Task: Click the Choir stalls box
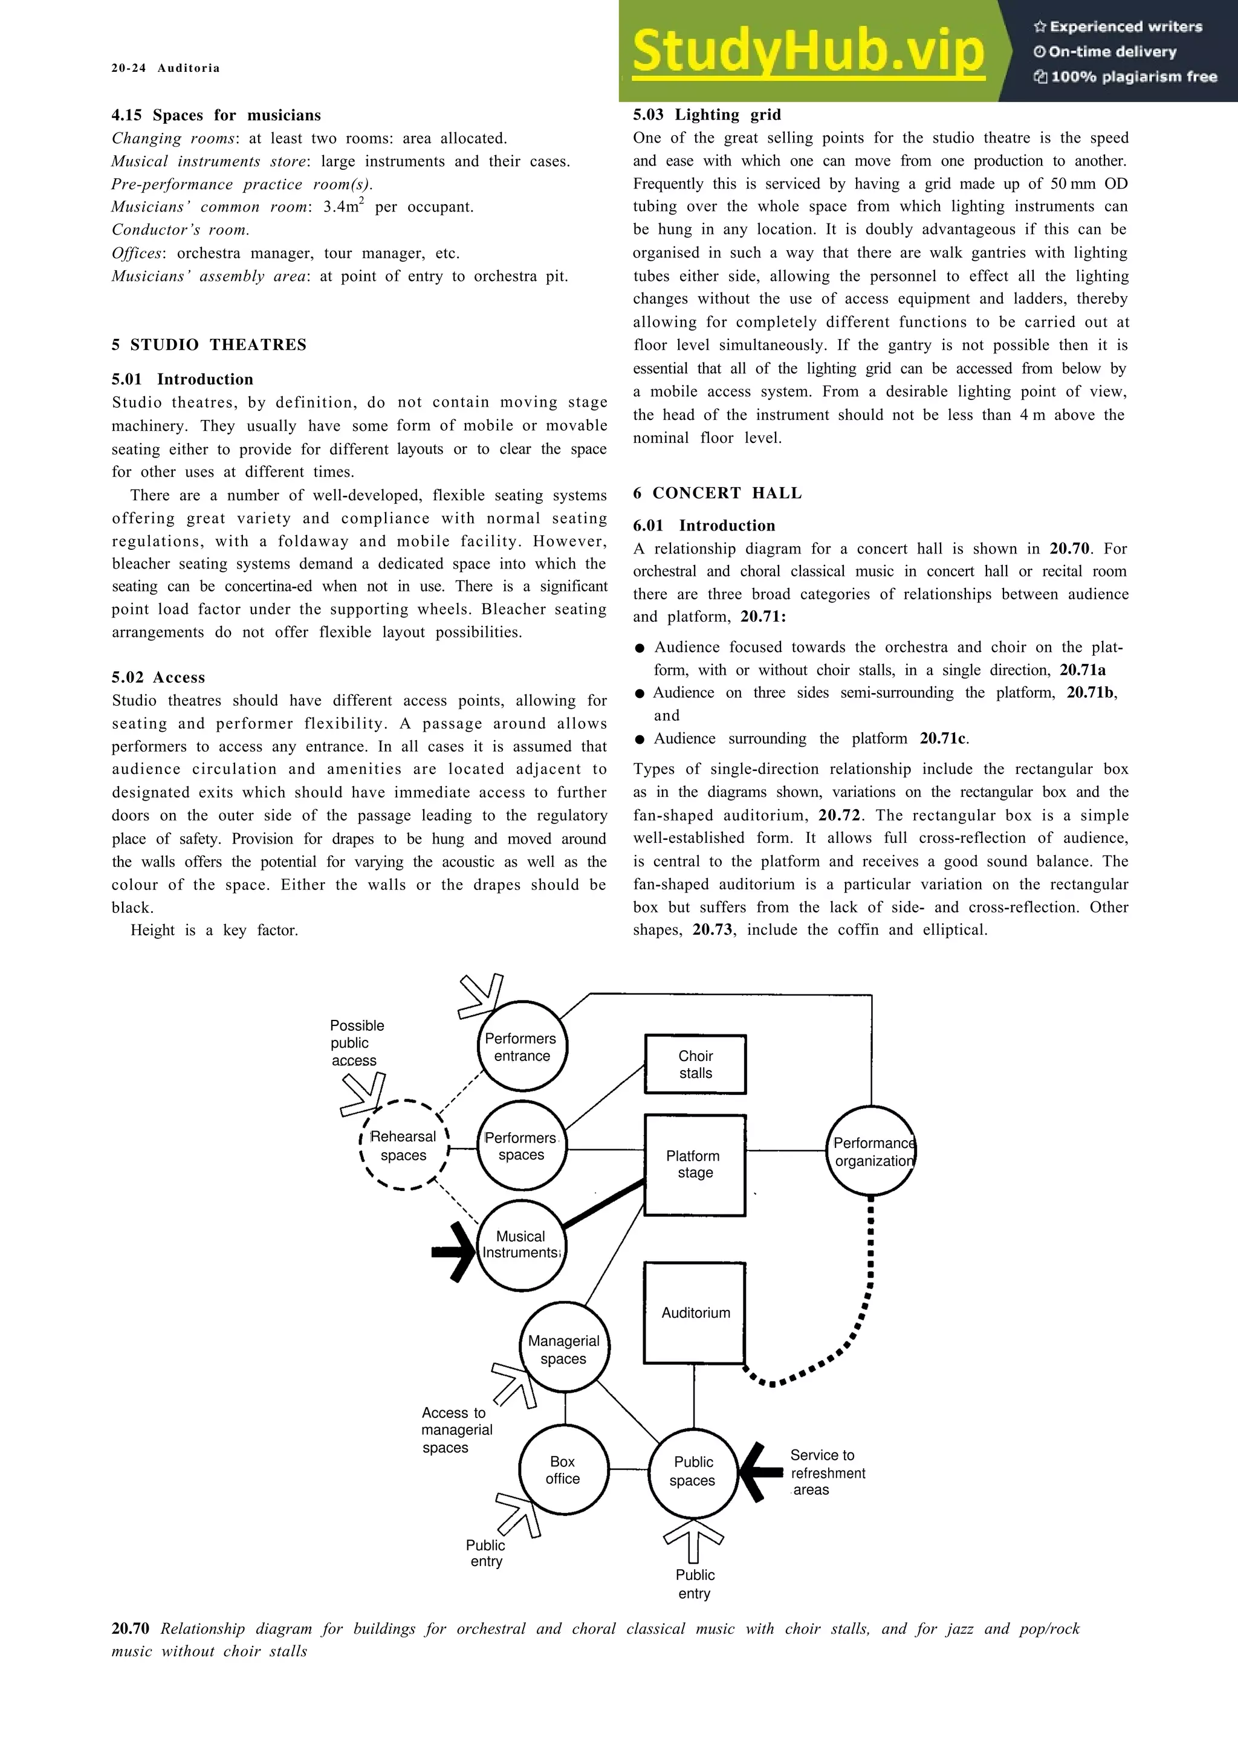click(x=695, y=1064)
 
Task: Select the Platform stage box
click(x=695, y=1164)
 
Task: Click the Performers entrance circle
click(x=522, y=1046)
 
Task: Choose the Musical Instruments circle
click(x=522, y=1245)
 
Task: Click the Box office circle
click(x=564, y=1469)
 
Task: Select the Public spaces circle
click(x=693, y=1471)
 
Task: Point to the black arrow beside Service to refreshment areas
click(x=760, y=1472)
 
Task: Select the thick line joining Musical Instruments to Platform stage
click(x=604, y=1205)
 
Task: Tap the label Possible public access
click(x=356, y=1042)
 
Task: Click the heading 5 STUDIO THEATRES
click(x=209, y=345)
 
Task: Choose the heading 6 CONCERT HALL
click(x=717, y=494)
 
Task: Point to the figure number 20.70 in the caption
click(x=131, y=1628)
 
